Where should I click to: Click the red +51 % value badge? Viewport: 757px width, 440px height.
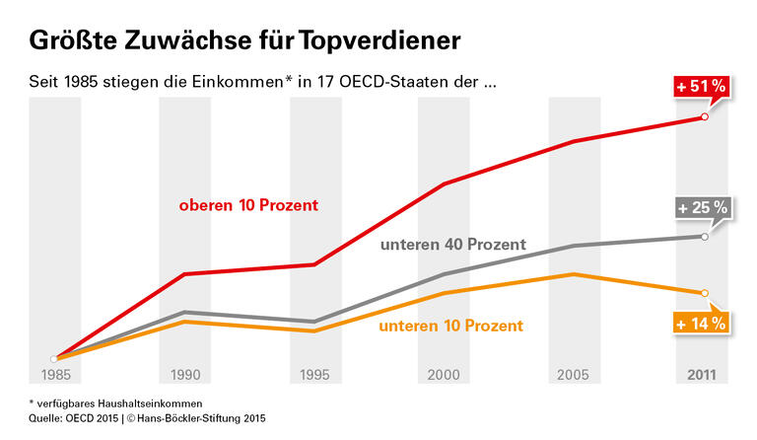click(x=701, y=87)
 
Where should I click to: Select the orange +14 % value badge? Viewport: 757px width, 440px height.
click(x=701, y=323)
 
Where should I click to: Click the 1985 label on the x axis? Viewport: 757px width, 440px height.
click(x=55, y=375)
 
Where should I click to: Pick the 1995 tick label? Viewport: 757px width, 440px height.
click(x=314, y=375)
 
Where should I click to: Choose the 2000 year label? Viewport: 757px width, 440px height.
click(x=444, y=375)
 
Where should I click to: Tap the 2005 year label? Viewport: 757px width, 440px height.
click(x=574, y=375)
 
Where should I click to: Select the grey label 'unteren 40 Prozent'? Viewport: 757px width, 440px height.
click(x=452, y=244)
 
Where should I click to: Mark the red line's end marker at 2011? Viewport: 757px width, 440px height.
click(x=704, y=117)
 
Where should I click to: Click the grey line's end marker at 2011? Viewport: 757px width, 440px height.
click(x=704, y=237)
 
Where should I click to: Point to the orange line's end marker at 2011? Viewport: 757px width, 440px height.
click(x=704, y=293)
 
